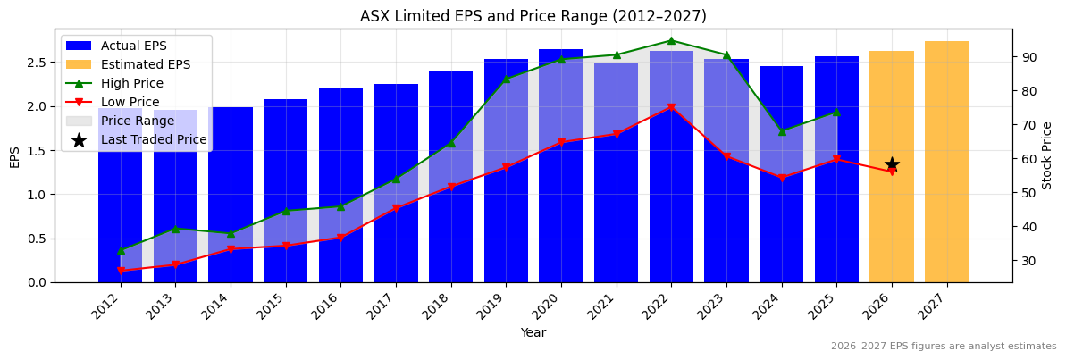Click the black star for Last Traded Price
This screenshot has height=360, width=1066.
(x=892, y=164)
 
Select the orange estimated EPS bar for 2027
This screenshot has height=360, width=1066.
(x=946, y=161)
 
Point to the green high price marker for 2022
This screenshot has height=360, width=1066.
(x=671, y=40)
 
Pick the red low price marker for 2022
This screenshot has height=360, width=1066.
(x=671, y=107)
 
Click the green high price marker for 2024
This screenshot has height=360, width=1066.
(x=782, y=131)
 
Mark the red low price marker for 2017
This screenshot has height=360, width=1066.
(x=396, y=209)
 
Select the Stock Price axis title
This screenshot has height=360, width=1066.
(x=1047, y=155)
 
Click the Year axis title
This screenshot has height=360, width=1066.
(x=533, y=333)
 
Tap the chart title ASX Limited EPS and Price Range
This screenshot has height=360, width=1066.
(x=533, y=16)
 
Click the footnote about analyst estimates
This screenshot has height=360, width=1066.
(x=943, y=347)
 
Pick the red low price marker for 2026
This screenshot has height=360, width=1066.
(x=892, y=172)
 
